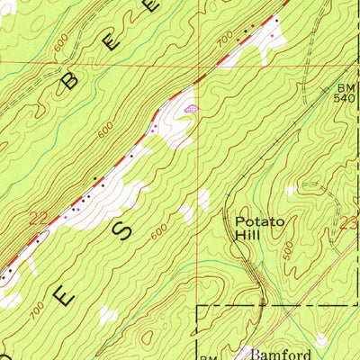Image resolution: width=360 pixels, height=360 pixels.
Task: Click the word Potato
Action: click(x=260, y=220)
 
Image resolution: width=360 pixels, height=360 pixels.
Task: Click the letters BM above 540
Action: click(x=346, y=88)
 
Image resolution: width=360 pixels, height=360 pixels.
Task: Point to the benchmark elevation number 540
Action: click(x=346, y=99)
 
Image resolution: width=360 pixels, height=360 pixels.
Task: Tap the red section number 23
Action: click(x=350, y=222)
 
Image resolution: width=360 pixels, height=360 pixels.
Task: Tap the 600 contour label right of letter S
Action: click(x=159, y=231)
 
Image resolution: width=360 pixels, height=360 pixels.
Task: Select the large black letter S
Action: click(x=125, y=227)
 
